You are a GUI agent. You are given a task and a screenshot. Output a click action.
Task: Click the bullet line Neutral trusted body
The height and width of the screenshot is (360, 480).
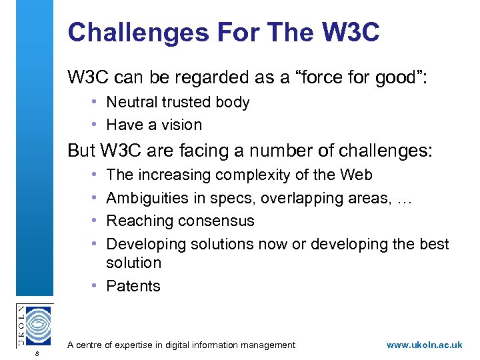pos(177,102)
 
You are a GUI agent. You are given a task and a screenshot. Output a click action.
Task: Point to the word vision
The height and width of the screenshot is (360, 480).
pos(181,125)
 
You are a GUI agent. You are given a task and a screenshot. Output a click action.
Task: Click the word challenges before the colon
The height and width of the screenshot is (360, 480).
pos(374,151)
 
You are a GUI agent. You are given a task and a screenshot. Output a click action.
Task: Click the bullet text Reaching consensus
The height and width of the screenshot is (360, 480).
pos(180,221)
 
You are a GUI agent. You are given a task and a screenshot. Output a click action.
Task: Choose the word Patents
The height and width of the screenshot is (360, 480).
pos(133,286)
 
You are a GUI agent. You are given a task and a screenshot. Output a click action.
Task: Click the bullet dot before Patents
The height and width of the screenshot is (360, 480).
pos(97,286)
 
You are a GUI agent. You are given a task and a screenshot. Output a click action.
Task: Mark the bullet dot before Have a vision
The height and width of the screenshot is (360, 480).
pos(97,125)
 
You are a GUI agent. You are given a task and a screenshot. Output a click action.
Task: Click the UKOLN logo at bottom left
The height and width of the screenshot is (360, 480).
pos(33,325)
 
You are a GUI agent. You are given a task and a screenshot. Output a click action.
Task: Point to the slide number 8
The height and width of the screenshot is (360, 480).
pos(38,353)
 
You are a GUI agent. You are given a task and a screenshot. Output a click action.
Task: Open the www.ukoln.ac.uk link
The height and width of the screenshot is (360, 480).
pos(424,345)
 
